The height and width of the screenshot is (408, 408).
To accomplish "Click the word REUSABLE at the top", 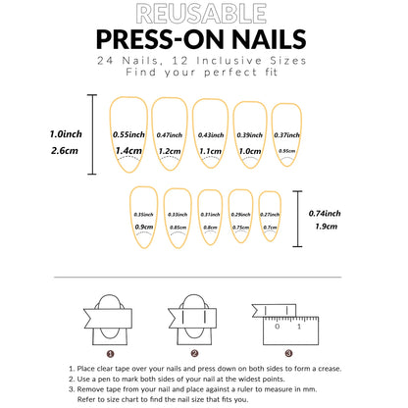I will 203,14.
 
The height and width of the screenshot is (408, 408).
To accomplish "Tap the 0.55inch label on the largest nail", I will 129,133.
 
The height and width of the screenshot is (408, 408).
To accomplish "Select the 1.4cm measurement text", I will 129,151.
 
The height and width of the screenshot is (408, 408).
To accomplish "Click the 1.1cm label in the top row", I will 210,151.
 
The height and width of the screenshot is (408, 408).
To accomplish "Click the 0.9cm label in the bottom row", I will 144,227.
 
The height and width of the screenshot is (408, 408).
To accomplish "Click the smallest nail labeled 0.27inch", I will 270,216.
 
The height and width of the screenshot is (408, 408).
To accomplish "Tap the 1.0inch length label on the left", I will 66,133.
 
